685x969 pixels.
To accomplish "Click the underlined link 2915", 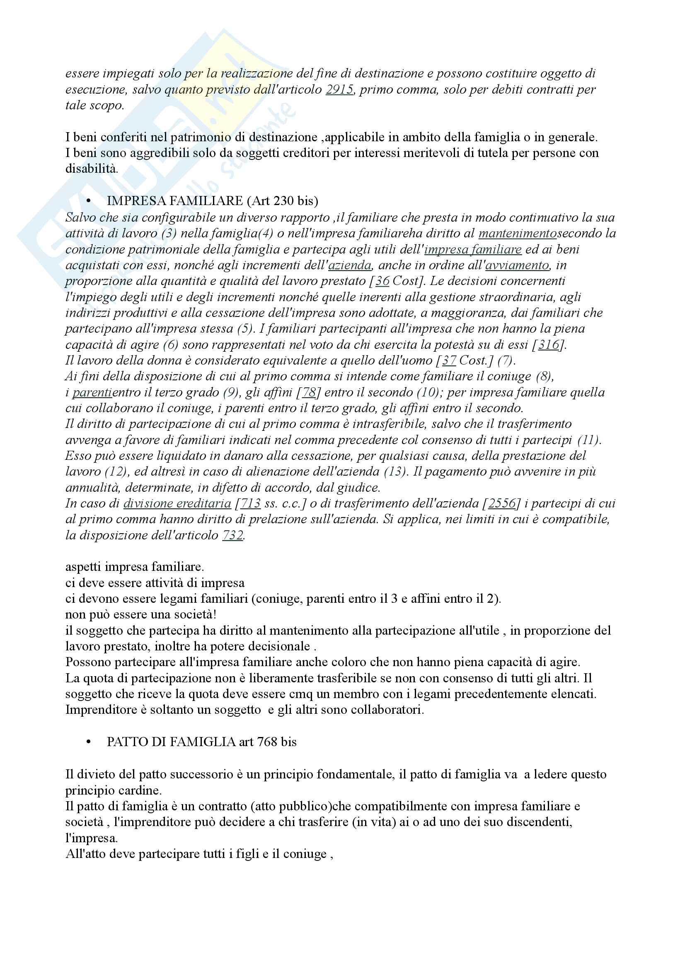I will pyautogui.click(x=339, y=90).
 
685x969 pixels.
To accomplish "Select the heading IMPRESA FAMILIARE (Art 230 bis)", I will pyautogui.click(x=212, y=201).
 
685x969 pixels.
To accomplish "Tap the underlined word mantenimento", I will pyautogui.click(x=518, y=233).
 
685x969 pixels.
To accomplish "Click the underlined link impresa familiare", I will pyautogui.click(x=473, y=249).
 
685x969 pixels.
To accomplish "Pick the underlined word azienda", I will pyautogui.click(x=350, y=266).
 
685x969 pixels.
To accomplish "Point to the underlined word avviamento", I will pyautogui.click(x=517, y=266).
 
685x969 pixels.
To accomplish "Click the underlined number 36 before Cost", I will pyautogui.click(x=382, y=281).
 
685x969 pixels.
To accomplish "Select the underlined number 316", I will pyautogui.click(x=548, y=345).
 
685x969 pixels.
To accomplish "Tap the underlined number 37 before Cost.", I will pyautogui.click(x=449, y=361).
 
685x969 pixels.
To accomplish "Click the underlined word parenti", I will pyautogui.click(x=92, y=392).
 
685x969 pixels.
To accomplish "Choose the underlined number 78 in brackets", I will pyautogui.click(x=309, y=392).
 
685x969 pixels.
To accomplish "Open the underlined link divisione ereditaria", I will pyautogui.click(x=177, y=503).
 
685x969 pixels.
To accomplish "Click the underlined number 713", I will pyautogui.click(x=250, y=503).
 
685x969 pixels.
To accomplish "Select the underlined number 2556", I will pyautogui.click(x=502, y=503).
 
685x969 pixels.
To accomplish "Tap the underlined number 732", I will pyautogui.click(x=232, y=536).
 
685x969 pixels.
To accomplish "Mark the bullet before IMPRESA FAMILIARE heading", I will pyautogui.click(x=89, y=201).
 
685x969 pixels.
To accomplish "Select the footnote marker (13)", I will pyautogui.click(x=396, y=471).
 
